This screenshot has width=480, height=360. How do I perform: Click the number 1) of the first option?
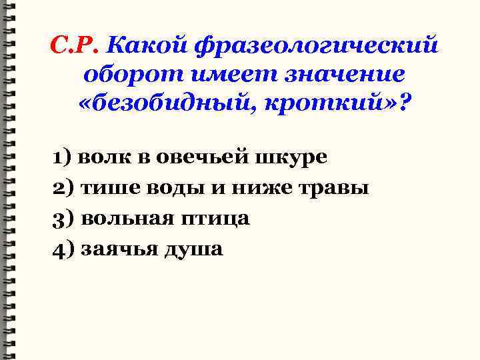click(64, 157)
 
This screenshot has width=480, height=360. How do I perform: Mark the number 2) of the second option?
click(65, 189)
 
